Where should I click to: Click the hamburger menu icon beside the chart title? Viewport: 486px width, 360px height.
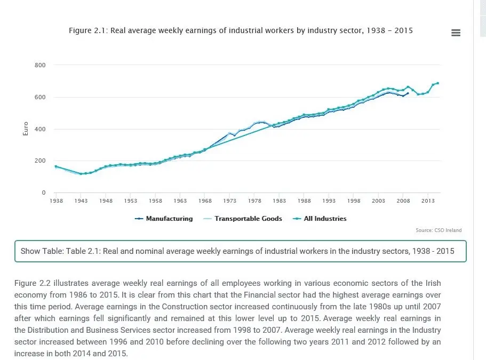(x=456, y=33)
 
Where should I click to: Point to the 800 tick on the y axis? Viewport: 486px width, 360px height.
(x=41, y=66)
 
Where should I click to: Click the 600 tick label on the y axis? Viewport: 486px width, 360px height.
(x=41, y=98)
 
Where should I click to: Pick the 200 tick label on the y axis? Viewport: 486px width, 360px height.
(x=41, y=161)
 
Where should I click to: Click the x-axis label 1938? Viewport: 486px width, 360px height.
(x=56, y=201)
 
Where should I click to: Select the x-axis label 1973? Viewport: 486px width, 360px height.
(x=229, y=201)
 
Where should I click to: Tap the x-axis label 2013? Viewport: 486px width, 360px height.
(x=427, y=201)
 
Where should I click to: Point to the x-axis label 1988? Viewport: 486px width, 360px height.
(x=304, y=201)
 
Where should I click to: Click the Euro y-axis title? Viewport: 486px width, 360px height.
(x=26, y=129)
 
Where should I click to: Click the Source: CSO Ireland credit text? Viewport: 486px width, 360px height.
(x=439, y=230)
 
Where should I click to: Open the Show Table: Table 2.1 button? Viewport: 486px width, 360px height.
(x=241, y=251)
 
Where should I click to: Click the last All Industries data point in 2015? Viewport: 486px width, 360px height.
(x=437, y=83)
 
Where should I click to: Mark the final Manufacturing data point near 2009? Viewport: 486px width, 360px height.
(x=408, y=93)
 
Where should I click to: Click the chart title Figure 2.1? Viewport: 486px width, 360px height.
(x=241, y=30)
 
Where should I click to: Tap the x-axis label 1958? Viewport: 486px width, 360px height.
(x=155, y=201)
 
